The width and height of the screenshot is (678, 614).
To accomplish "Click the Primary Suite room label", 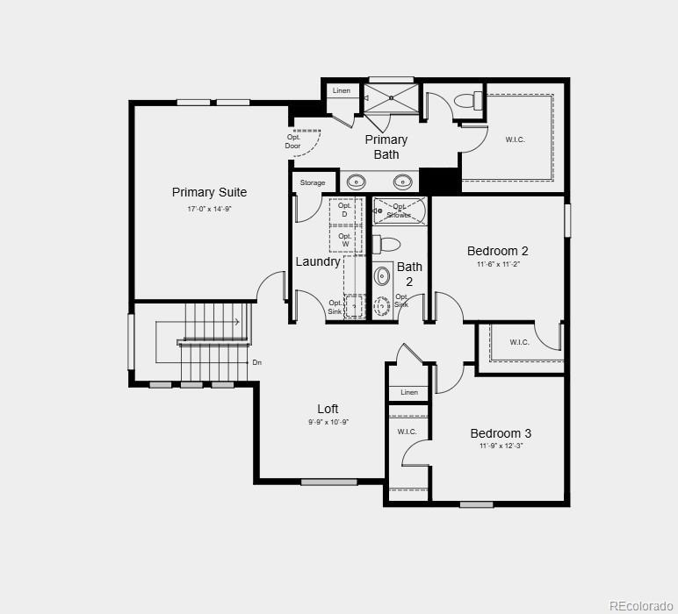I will tap(209, 192).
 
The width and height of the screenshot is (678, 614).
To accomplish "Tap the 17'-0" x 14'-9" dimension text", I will tap(209, 209).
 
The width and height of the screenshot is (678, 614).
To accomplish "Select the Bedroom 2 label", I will tap(497, 251).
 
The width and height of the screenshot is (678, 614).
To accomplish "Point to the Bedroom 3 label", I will tap(501, 433).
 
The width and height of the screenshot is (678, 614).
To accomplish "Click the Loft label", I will tap(328, 409).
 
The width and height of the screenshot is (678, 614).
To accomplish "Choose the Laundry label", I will tap(318, 261).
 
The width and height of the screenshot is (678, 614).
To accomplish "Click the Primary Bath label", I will tap(386, 146).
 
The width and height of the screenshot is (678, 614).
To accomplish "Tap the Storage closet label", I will tap(313, 182).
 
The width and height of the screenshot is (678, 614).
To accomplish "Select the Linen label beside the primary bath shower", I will tap(341, 91).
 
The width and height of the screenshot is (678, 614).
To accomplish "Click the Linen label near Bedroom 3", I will tap(409, 392).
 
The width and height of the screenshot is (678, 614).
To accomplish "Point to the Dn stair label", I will tap(257, 362).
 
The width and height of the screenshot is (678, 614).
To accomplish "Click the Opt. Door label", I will tap(293, 140).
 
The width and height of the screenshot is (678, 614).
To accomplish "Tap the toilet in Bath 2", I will tap(386, 244).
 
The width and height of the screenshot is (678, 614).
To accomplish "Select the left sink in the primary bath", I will tap(357, 182).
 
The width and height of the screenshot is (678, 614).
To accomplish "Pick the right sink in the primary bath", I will tap(402, 182).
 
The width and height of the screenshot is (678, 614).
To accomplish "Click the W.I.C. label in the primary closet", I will tap(515, 139).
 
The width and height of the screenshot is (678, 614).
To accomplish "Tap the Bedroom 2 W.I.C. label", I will tap(519, 342).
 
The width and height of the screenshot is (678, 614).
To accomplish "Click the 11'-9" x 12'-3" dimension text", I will tap(501, 446).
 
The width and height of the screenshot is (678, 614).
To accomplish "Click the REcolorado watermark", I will tap(642, 604).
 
